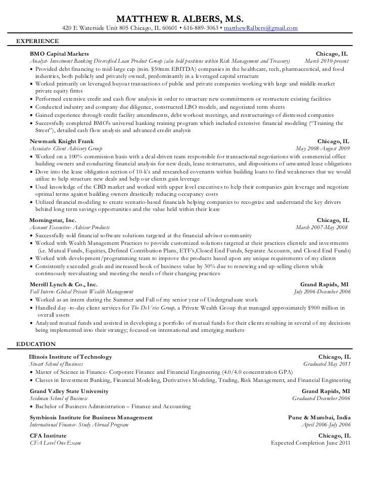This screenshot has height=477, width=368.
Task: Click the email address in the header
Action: pos(260,28)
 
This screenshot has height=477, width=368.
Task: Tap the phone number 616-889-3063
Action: pos(201,28)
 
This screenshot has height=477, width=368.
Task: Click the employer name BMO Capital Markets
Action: pos(60,54)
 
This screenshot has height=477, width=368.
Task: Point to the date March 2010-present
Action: pos(326,61)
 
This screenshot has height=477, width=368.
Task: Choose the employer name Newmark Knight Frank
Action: pos(62,142)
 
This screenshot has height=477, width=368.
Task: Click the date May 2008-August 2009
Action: pos(321,149)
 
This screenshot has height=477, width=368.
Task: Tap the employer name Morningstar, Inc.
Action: pos(53,221)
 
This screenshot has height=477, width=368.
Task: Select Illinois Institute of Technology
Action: pos(71,357)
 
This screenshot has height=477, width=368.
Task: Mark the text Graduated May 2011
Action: pos(326,364)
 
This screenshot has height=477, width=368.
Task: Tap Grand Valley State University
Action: pos(69,391)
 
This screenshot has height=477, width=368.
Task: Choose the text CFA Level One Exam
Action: pos(56,443)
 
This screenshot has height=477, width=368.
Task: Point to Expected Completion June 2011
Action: pos(310,443)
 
